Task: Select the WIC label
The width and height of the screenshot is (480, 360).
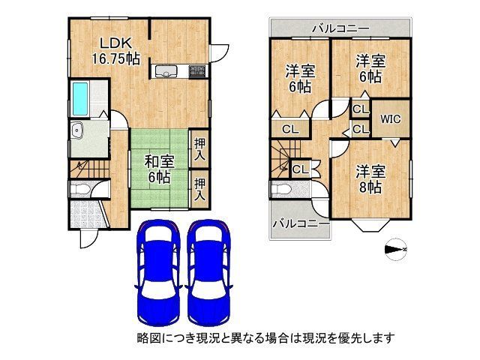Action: click(390, 118)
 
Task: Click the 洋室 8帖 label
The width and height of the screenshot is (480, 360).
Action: click(370, 178)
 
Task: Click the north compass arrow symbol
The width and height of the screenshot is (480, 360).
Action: click(395, 249)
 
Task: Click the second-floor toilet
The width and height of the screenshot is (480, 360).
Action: click(283, 189)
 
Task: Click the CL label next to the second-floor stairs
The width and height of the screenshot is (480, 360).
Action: click(299, 169)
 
